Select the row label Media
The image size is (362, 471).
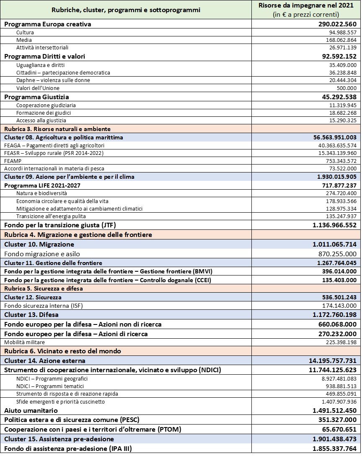[x=24, y=40]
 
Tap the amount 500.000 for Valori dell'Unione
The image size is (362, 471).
[x=346, y=88]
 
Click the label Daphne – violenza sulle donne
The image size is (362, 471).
[x=53, y=80]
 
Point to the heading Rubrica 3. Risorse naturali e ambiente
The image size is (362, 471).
[x=57, y=129]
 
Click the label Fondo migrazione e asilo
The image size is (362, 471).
[x=42, y=254]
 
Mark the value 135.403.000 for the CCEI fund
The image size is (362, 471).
[x=338, y=281]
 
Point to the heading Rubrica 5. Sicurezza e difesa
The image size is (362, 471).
[x=44, y=289]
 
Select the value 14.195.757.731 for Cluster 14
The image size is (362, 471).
[x=331, y=360]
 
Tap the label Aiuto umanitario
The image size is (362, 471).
[x=31, y=411]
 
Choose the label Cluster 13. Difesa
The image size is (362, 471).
[x=31, y=314]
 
